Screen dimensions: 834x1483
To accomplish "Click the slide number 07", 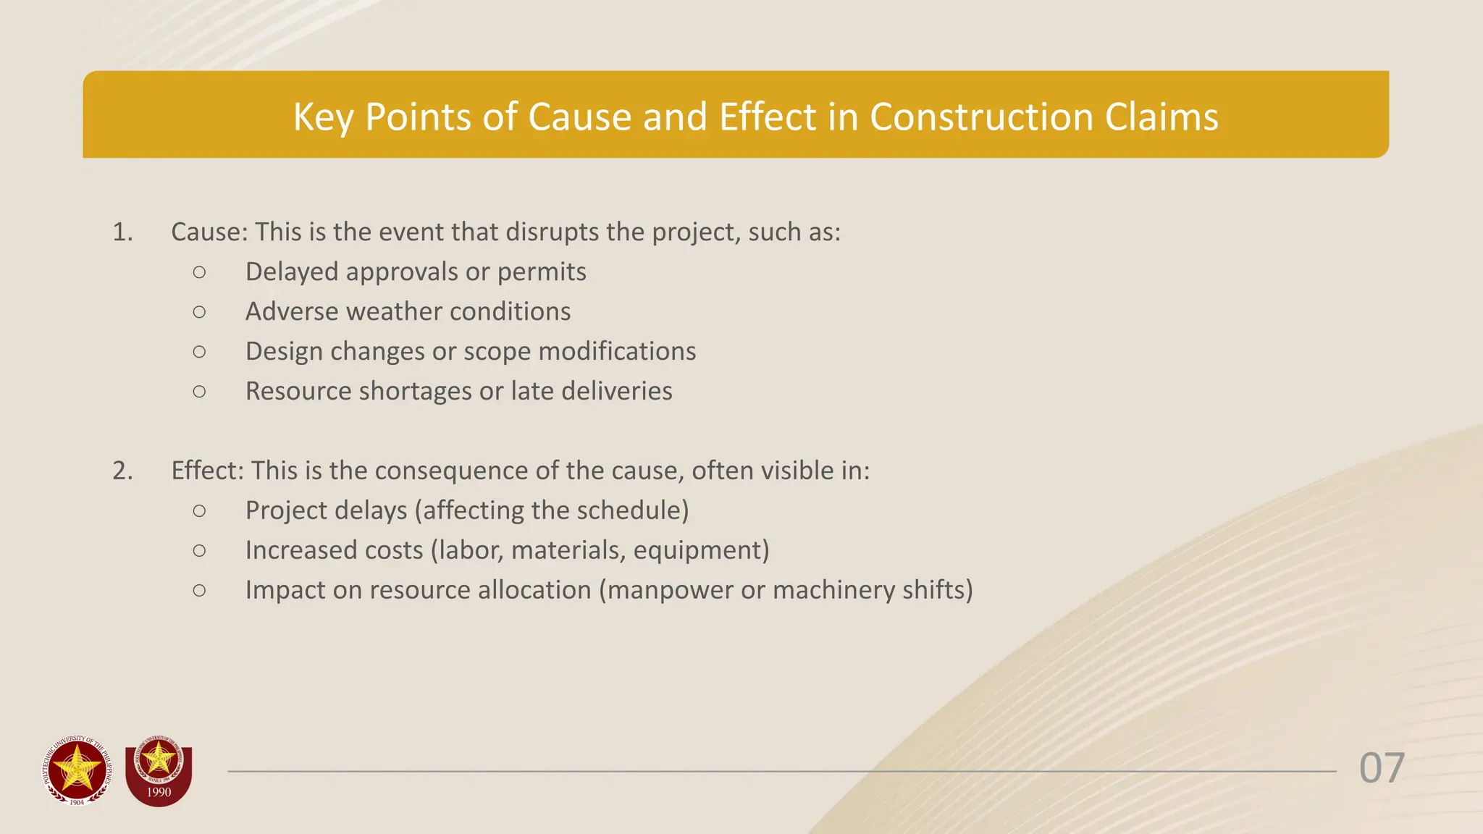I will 1382,768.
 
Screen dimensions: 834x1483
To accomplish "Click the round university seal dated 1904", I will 77,770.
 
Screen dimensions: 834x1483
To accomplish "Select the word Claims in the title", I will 1161,117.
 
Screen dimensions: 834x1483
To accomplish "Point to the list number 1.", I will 122,232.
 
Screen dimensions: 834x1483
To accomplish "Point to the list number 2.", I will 122,471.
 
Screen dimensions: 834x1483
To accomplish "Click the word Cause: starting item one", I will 209,232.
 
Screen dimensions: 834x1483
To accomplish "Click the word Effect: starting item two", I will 208,471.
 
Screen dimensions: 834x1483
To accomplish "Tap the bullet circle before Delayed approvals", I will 199,272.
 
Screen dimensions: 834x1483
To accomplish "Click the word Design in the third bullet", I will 284,351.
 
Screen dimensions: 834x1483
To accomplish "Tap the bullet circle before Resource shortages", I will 199,392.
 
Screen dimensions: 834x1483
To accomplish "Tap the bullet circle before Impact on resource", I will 199,591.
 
